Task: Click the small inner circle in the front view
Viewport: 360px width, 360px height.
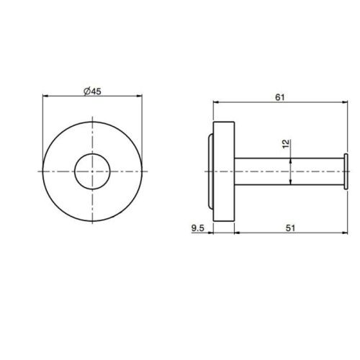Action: click(93, 171)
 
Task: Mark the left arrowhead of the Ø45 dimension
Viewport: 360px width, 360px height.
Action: click(47, 95)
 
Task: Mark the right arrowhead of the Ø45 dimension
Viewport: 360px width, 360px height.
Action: click(139, 95)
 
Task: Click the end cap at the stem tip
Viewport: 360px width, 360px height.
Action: click(347, 171)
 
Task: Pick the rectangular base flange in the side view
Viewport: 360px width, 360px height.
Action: click(223, 171)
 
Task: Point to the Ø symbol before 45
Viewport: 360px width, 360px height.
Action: click(86, 90)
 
